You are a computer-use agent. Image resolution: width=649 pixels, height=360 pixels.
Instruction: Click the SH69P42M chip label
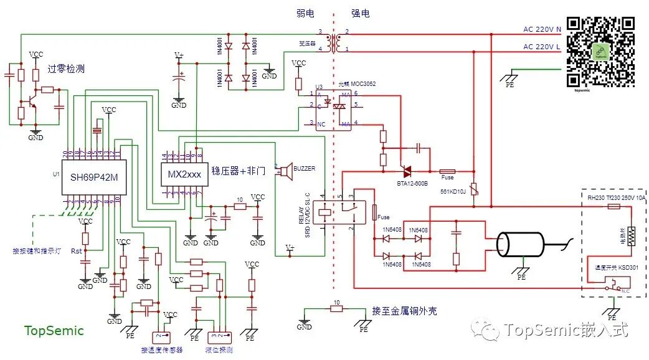click(95, 177)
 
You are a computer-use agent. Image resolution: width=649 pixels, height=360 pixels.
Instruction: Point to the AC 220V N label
click(542, 29)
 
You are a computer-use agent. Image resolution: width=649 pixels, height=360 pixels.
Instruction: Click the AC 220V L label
click(542, 47)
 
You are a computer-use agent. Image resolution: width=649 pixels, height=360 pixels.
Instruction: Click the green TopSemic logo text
click(54, 331)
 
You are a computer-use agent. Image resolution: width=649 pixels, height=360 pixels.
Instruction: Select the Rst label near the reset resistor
click(76, 251)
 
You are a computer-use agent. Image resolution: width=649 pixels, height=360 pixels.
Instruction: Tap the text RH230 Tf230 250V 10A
click(617, 198)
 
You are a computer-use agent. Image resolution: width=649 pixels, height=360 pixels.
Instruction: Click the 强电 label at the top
click(360, 13)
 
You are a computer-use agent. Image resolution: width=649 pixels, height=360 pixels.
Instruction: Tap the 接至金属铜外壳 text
click(404, 311)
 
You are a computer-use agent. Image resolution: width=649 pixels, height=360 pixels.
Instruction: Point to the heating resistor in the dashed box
click(632, 235)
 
